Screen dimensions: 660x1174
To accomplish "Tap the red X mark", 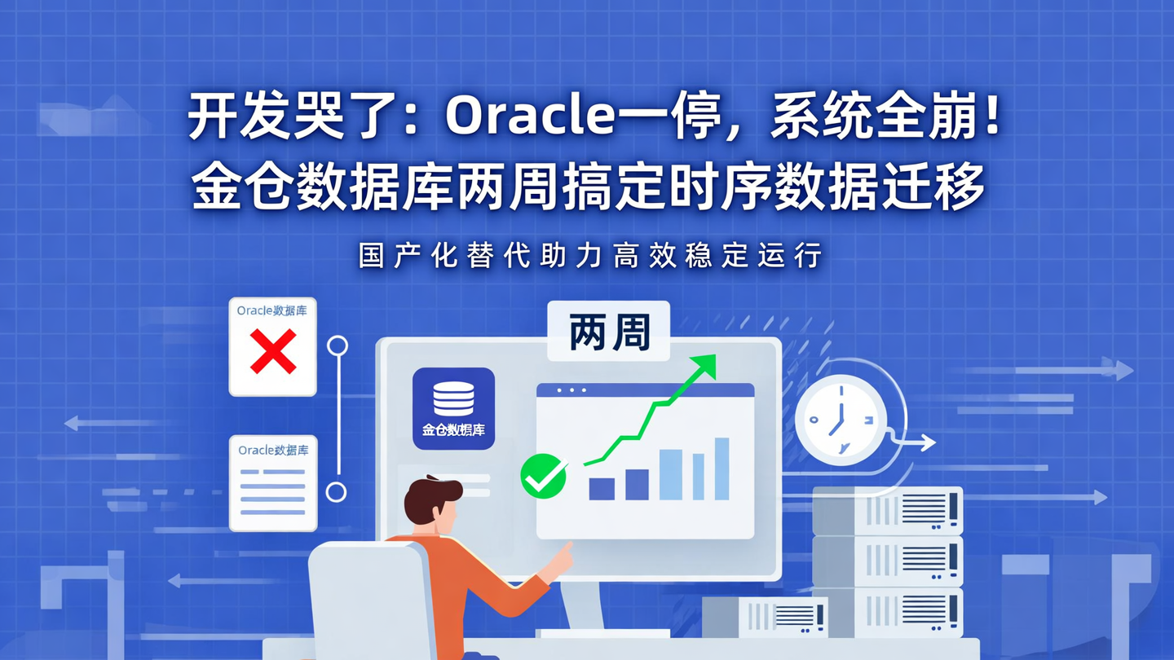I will point(273,351).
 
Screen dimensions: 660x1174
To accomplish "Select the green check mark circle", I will point(544,476).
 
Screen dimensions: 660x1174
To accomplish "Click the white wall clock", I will point(840,420).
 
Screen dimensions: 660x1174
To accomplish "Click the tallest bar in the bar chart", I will point(722,469).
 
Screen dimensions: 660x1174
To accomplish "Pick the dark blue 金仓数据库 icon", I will point(453,408).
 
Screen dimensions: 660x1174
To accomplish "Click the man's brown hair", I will point(432,497).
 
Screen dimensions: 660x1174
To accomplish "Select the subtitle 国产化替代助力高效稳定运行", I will point(590,255).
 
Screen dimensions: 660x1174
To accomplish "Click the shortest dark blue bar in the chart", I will point(602,489).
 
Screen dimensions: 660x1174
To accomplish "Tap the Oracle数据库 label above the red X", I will point(272,310).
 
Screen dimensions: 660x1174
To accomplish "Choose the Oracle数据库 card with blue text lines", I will point(273,482).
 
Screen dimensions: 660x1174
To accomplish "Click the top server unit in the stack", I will point(888,510).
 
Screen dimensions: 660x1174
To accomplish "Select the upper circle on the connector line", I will point(338,346).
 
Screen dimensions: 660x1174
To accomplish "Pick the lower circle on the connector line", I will point(336,491).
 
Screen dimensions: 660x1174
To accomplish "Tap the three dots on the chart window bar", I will point(572,390).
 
